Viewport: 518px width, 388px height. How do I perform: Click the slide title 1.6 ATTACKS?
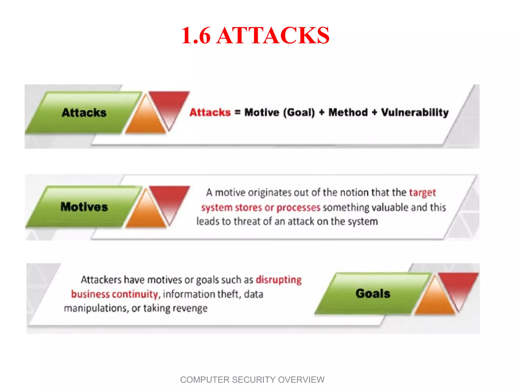tap(255, 35)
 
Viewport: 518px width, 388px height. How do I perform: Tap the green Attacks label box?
tap(84, 113)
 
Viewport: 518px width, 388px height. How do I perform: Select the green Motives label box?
tap(84, 207)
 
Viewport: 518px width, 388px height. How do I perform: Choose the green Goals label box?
tap(373, 294)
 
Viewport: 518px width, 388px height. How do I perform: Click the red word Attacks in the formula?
tap(210, 112)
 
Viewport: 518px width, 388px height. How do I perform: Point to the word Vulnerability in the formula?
tap(415, 113)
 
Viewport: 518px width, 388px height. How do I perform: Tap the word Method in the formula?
tap(348, 112)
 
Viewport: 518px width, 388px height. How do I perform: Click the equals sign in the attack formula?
tap(238, 112)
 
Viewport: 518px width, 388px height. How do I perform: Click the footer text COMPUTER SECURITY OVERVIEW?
tap(252, 380)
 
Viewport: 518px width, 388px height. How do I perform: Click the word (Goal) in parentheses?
tap(299, 113)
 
